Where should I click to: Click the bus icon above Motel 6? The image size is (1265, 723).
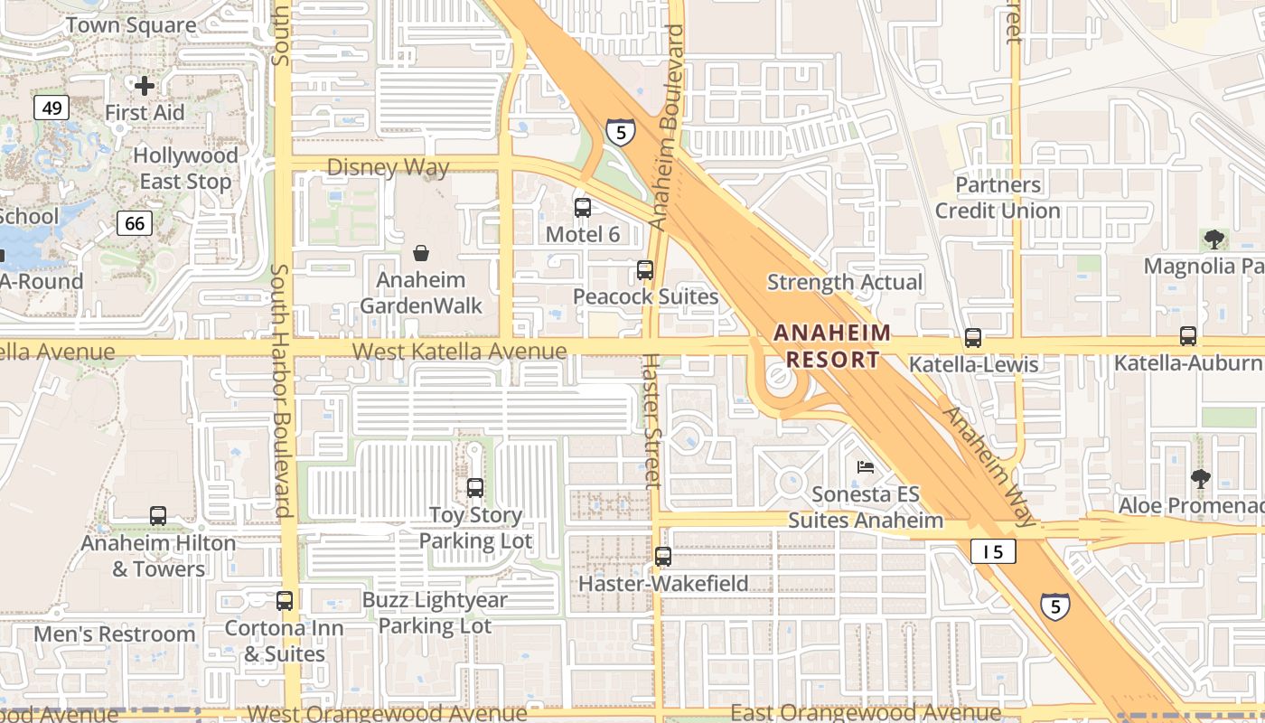583,208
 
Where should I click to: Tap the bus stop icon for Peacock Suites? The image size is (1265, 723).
644,269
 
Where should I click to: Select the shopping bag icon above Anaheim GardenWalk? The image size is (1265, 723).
420,253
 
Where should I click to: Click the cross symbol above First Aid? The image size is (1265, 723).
145,86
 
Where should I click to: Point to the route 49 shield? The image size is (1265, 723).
52,108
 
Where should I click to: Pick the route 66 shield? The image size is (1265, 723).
134,222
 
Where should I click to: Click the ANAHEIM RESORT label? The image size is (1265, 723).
832,346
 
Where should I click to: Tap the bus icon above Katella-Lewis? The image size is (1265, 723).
972,338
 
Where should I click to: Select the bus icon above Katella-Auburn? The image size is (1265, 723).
1187,336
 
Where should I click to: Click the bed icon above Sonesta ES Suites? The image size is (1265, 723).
865,467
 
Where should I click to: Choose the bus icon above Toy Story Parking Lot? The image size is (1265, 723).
475,488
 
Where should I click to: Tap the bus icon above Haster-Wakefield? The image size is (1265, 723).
663,557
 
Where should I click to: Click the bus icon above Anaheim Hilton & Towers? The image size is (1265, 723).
158,516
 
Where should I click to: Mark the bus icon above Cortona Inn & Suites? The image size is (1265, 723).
285,600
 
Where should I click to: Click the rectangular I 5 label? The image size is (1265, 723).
993,551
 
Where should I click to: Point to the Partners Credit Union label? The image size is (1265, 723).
998,198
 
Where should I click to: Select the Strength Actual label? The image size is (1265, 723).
845,282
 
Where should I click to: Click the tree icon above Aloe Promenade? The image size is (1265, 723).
1199,478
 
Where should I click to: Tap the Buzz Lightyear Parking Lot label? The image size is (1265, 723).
435,613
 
